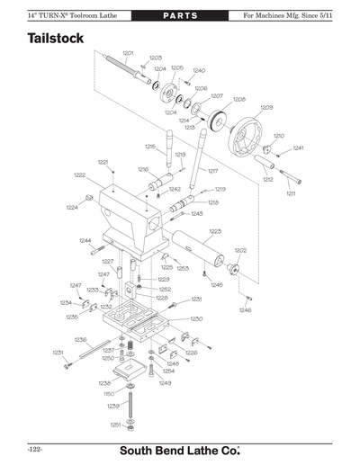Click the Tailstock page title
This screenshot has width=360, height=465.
(x=56, y=40)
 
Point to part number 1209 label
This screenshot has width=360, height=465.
(x=266, y=108)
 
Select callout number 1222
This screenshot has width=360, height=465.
(x=79, y=175)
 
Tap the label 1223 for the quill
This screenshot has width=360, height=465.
(x=215, y=231)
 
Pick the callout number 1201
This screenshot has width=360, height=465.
(x=128, y=54)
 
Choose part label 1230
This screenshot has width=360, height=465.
(x=196, y=318)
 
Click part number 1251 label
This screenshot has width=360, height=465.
(x=115, y=424)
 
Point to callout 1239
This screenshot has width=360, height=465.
(x=113, y=407)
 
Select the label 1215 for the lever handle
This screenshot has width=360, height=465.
(x=149, y=147)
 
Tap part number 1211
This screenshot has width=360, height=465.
(x=291, y=193)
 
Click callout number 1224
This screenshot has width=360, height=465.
(x=71, y=208)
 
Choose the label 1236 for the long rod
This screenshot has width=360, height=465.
(x=80, y=339)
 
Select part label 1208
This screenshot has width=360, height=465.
(x=238, y=99)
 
